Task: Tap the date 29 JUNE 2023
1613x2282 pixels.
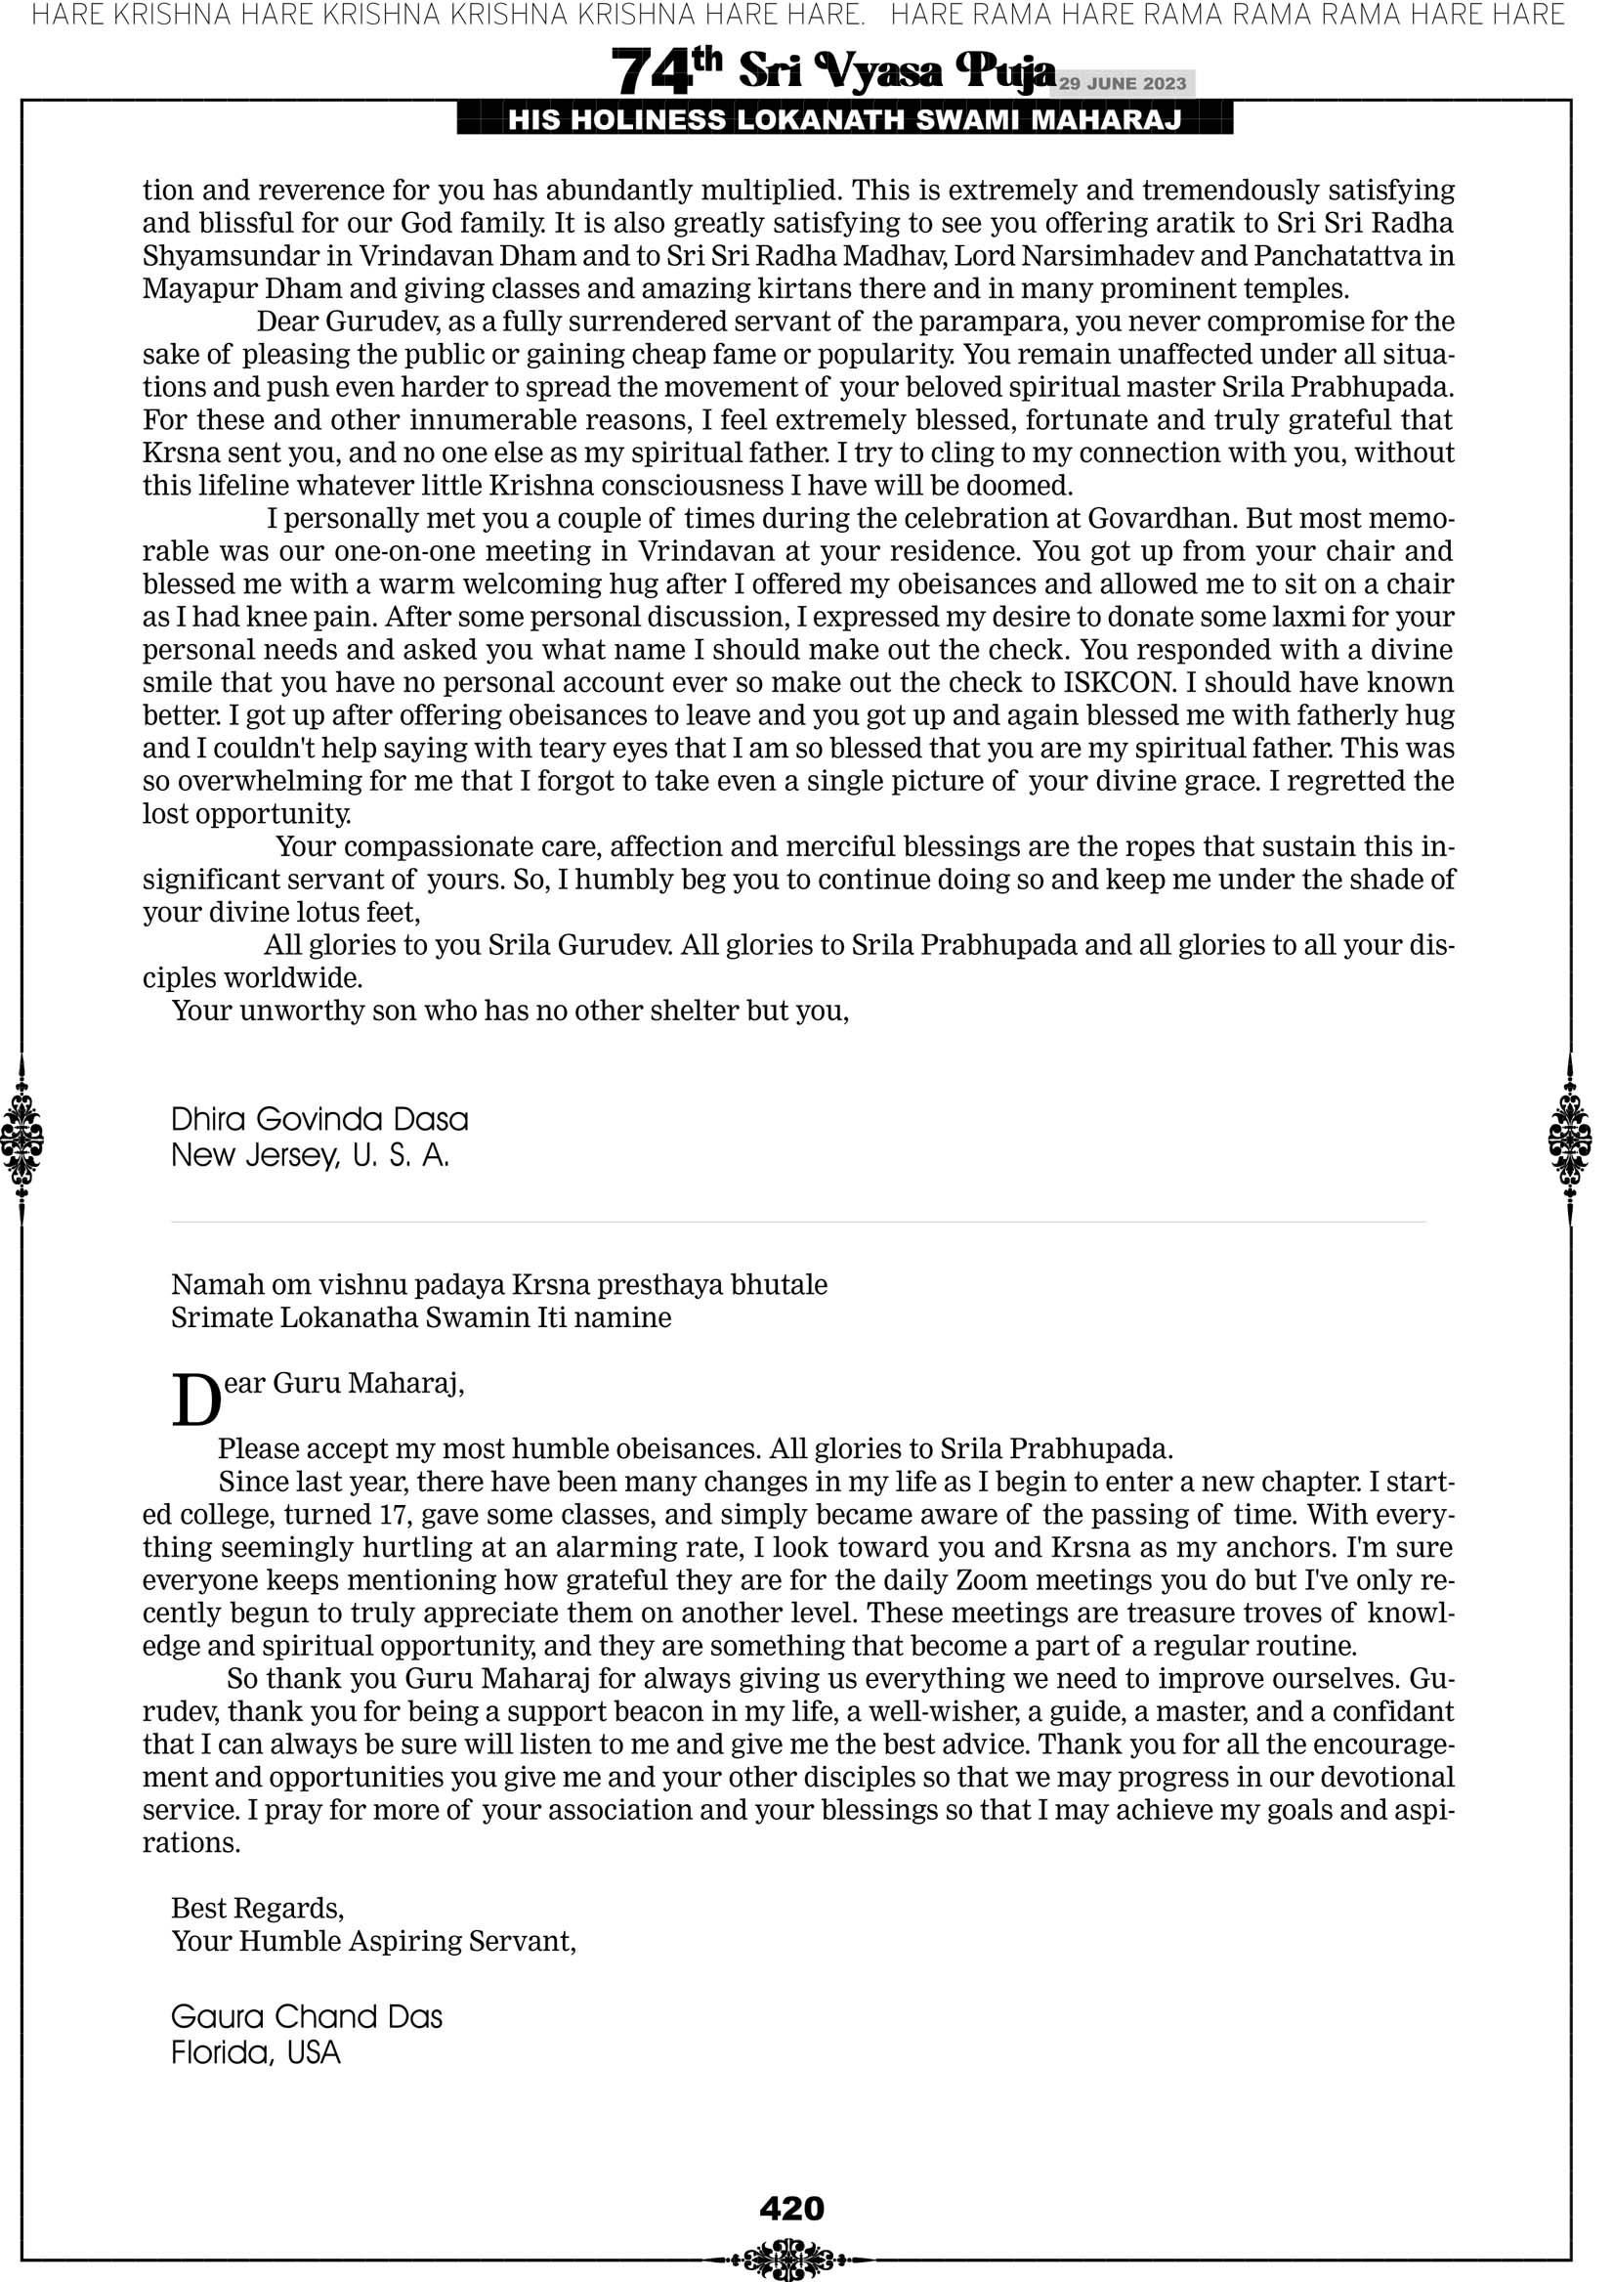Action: click(x=1122, y=83)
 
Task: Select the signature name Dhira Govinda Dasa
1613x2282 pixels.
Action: click(x=319, y=1119)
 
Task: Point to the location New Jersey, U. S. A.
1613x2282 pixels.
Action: click(x=310, y=1155)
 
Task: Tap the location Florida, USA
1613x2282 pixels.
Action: click(x=255, y=2052)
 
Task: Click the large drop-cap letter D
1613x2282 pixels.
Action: click(x=195, y=1400)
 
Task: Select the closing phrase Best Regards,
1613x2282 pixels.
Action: click(x=257, y=1908)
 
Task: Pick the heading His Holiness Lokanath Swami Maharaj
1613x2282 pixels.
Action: click(x=845, y=120)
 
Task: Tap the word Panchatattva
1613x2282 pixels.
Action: click(x=1337, y=256)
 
